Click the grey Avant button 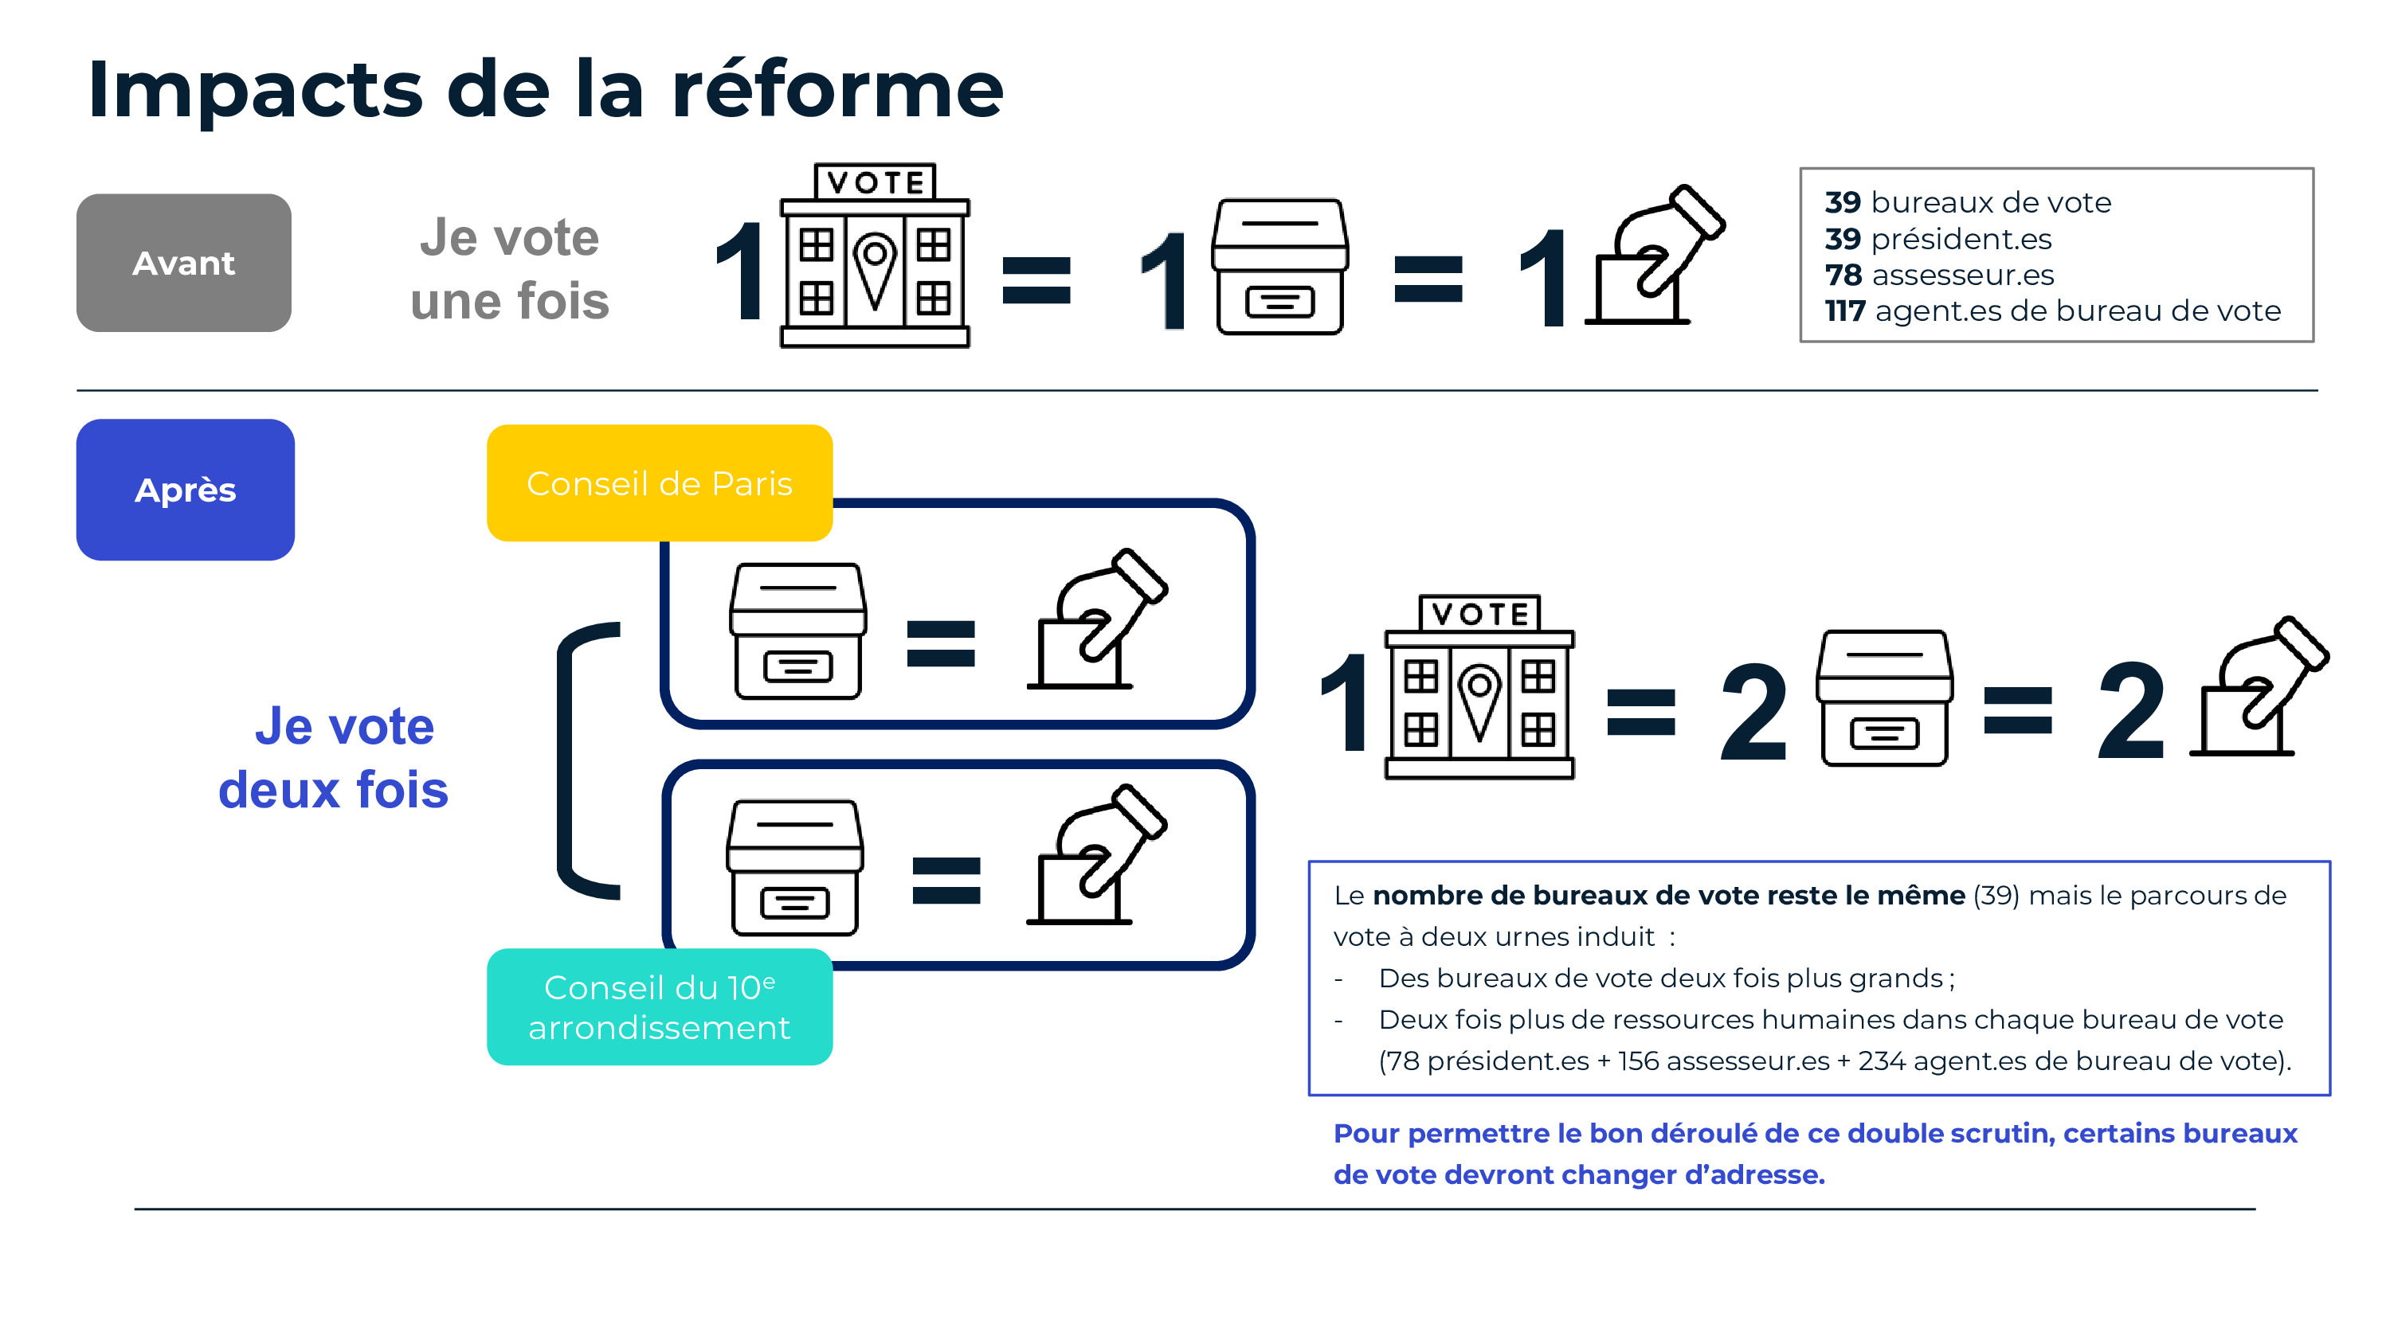[184, 263]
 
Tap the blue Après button [186, 489]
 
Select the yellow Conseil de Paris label [659, 483]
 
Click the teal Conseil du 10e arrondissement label [659, 1006]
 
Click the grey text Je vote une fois [509, 269]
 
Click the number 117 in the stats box [1844, 311]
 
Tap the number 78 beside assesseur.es [1843, 275]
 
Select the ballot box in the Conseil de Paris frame [798, 631]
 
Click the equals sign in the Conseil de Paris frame [941, 643]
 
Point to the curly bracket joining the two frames [580, 760]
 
